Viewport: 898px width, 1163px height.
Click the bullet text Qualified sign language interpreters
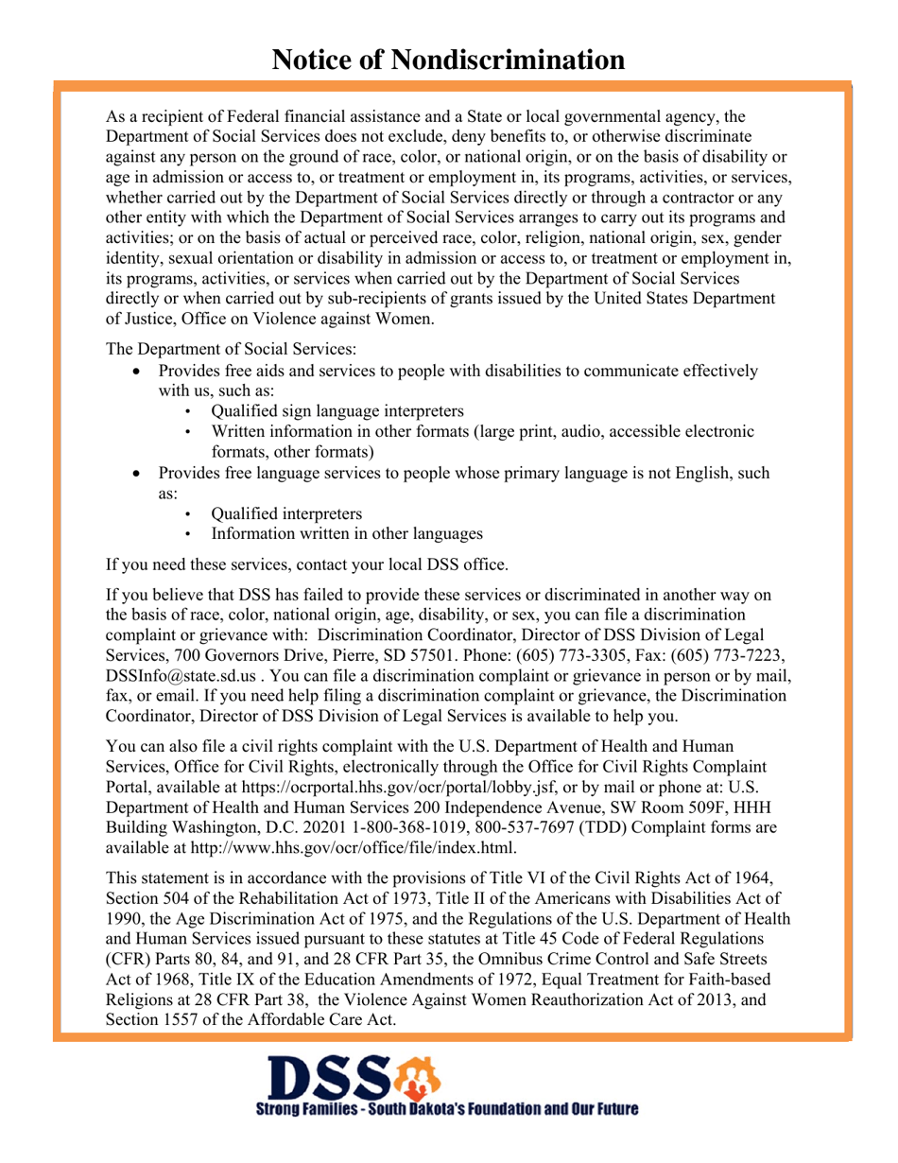click(x=337, y=411)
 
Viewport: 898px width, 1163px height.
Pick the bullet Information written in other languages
click(x=346, y=533)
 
